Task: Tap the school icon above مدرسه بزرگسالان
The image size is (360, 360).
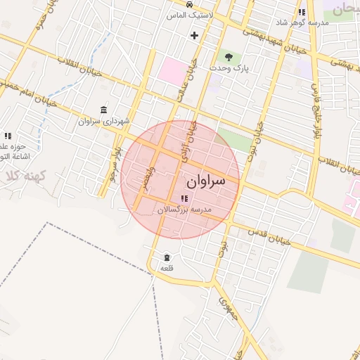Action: [x=184, y=199]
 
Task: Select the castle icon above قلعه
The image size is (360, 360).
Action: [x=167, y=258]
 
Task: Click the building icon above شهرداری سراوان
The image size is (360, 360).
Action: [x=104, y=110]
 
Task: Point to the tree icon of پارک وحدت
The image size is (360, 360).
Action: [x=228, y=56]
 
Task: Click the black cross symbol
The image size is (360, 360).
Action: [x=195, y=35]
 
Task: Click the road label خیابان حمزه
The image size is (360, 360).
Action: [x=39, y=25]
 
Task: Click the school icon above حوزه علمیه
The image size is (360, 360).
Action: [x=8, y=136]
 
